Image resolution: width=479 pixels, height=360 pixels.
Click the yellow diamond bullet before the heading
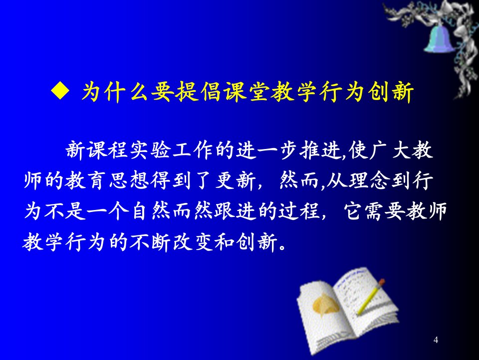[x=60, y=91]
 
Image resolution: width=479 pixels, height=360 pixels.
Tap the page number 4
[x=436, y=340]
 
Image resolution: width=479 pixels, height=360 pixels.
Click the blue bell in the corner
[x=439, y=38]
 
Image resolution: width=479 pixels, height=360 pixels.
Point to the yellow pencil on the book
[x=371, y=296]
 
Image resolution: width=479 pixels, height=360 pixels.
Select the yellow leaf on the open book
[x=325, y=303]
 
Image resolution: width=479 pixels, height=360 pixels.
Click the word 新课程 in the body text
[x=96, y=150]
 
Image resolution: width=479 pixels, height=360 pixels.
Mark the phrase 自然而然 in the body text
[x=172, y=210]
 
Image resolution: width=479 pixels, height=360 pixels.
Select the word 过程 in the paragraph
[x=298, y=210]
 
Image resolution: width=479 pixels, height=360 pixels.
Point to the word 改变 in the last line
[x=193, y=242]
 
